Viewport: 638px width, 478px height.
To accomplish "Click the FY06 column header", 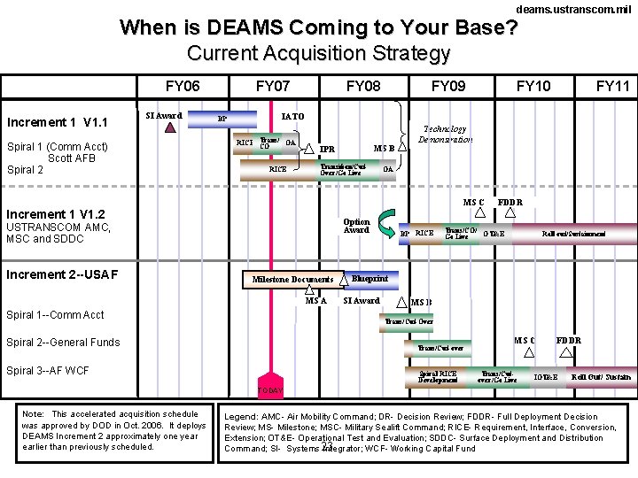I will tap(183, 86).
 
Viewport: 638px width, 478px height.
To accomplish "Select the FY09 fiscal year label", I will tap(448, 86).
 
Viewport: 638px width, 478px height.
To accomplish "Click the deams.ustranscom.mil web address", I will tap(574, 8).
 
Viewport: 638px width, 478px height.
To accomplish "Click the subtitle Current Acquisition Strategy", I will tap(318, 53).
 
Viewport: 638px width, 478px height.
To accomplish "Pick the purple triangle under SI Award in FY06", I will tap(171, 127).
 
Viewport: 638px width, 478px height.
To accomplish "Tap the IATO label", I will tap(292, 116).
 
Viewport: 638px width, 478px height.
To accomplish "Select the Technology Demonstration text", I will tap(446, 135).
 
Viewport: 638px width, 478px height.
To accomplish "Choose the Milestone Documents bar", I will tap(292, 280).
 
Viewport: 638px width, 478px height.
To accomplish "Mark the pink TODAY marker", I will tap(270, 388).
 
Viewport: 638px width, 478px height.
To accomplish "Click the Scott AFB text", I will tap(72, 158).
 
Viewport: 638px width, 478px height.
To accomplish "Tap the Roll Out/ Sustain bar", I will tap(601, 377).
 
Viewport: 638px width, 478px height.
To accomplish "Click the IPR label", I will tap(327, 150).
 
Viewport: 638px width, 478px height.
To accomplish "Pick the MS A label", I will tap(316, 301).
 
